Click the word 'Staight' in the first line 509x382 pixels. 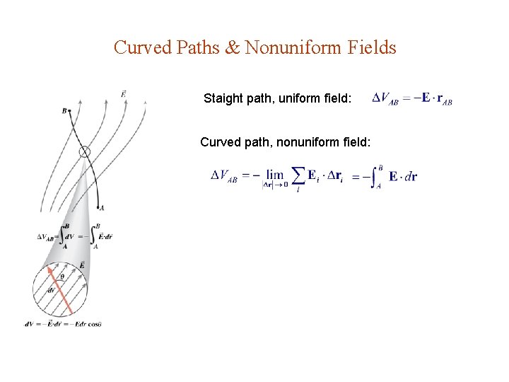[223, 98]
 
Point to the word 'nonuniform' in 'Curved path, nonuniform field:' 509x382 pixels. [308, 141]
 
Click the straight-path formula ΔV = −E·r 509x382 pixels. [411, 98]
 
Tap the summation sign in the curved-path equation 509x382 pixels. [299, 174]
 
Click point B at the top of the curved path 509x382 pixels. [65, 110]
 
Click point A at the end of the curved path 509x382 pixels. [103, 207]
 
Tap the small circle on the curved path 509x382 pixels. [85, 151]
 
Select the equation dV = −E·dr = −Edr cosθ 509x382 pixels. [64, 324]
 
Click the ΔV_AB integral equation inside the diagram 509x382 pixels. [75, 236]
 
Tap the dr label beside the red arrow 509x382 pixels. [51, 290]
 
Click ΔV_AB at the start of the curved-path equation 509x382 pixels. [224, 176]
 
